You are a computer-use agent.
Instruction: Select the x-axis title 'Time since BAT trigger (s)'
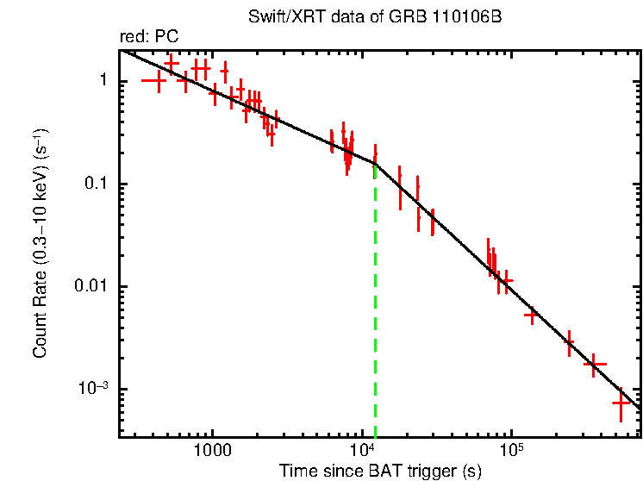click(x=379, y=471)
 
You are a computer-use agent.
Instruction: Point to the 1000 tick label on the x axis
click(x=211, y=451)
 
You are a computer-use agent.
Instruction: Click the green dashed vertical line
click(x=375, y=302)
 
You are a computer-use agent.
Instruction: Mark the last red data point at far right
click(x=621, y=403)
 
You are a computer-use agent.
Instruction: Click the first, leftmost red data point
click(x=154, y=81)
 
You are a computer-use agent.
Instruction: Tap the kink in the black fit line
click(x=375, y=163)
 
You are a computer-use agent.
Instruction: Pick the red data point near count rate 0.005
click(x=531, y=315)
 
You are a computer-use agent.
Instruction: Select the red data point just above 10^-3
click(x=595, y=365)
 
